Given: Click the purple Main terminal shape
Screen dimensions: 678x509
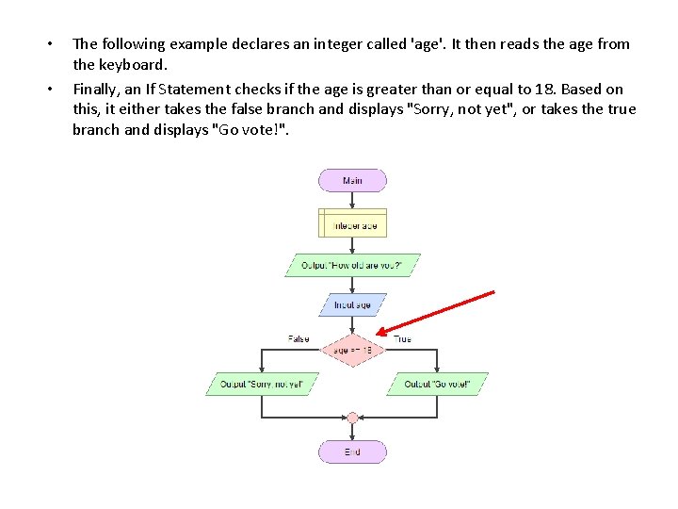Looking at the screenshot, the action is pyautogui.click(x=353, y=180).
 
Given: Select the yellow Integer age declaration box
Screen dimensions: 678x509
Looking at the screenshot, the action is pyautogui.click(x=353, y=222).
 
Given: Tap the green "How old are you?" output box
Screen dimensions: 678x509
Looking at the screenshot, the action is pyautogui.click(x=352, y=266).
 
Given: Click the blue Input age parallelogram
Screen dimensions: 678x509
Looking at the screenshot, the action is pyautogui.click(x=353, y=304).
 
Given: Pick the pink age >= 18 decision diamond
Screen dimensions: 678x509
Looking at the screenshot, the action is pyautogui.click(x=353, y=350).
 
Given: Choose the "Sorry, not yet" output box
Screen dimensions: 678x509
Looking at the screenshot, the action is pyautogui.click(x=262, y=384).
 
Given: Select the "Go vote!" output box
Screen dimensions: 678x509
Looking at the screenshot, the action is pyautogui.click(x=437, y=384).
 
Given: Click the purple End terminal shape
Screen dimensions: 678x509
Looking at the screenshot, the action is pyautogui.click(x=352, y=452).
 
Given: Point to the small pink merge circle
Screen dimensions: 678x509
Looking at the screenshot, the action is pyautogui.click(x=352, y=418).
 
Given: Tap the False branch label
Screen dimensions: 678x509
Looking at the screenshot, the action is pyautogui.click(x=299, y=338).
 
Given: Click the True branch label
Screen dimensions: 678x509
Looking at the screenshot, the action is pyautogui.click(x=402, y=338).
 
